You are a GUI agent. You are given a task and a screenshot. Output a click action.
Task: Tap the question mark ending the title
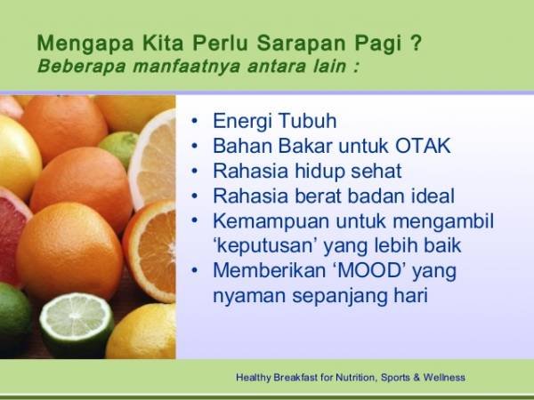click(416, 43)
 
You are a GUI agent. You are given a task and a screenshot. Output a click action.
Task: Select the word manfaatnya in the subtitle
click(187, 66)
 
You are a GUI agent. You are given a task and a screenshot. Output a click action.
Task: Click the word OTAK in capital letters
click(423, 146)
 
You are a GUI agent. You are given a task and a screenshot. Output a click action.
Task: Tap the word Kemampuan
click(271, 221)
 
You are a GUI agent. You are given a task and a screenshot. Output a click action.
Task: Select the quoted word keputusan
click(264, 246)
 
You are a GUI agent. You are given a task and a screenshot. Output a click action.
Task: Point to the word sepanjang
click(340, 296)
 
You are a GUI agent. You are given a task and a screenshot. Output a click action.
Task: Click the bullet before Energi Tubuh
click(194, 121)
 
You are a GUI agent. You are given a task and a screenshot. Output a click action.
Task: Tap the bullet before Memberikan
click(194, 271)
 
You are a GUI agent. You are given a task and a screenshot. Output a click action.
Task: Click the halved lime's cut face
click(77, 321)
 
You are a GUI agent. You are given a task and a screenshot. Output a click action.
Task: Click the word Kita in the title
click(163, 43)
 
